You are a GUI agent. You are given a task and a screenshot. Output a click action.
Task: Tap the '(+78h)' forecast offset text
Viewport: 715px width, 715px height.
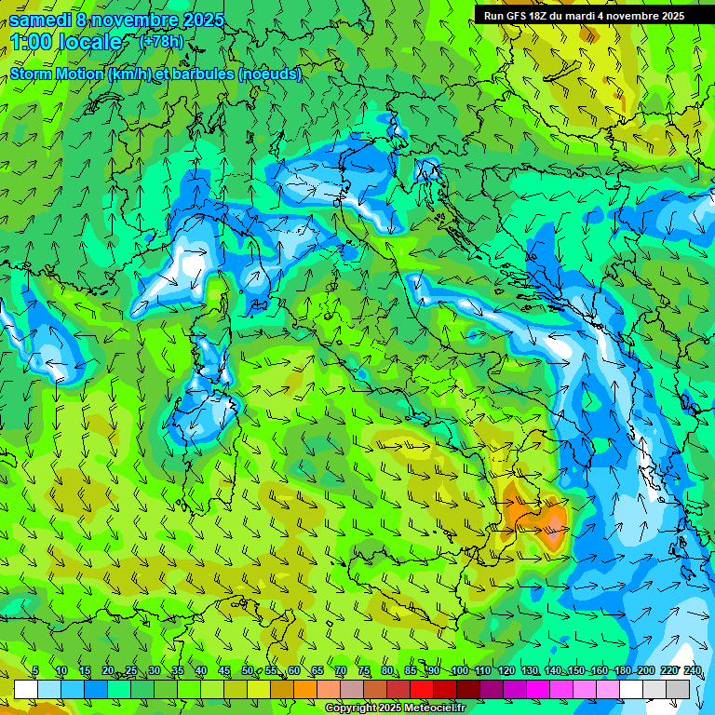pyautogui.click(x=161, y=42)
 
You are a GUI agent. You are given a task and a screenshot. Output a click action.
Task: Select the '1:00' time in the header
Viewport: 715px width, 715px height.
pyautogui.click(x=34, y=42)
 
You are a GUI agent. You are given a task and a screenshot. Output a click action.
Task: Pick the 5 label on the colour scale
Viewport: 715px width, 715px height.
pyautogui.click(x=35, y=671)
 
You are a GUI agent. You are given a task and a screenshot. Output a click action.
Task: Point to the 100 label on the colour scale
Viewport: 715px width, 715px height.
pyautogui.click(x=459, y=671)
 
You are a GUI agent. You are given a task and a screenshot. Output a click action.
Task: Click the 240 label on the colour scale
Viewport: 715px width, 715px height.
pyautogui.click(x=692, y=671)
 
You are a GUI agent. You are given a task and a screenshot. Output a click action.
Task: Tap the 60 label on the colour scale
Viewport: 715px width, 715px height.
pyautogui.click(x=294, y=671)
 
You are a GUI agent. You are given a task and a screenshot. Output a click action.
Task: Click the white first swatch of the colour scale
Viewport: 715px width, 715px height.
pyautogui.click(x=26, y=689)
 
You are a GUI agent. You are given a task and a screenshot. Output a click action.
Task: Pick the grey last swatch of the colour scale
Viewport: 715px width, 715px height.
pyautogui.click(x=678, y=689)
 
